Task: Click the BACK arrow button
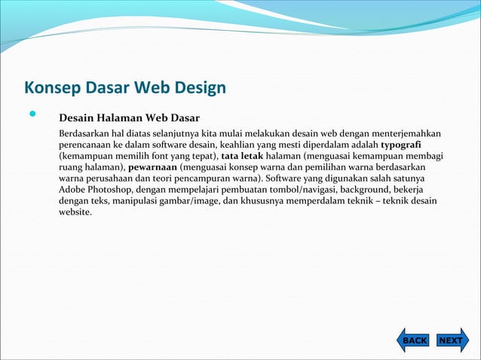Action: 413,340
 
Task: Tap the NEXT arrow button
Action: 450,340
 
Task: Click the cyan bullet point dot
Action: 32,116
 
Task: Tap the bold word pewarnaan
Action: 153,167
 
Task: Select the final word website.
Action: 75,212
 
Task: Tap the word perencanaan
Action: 85,145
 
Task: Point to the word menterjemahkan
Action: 403,133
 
